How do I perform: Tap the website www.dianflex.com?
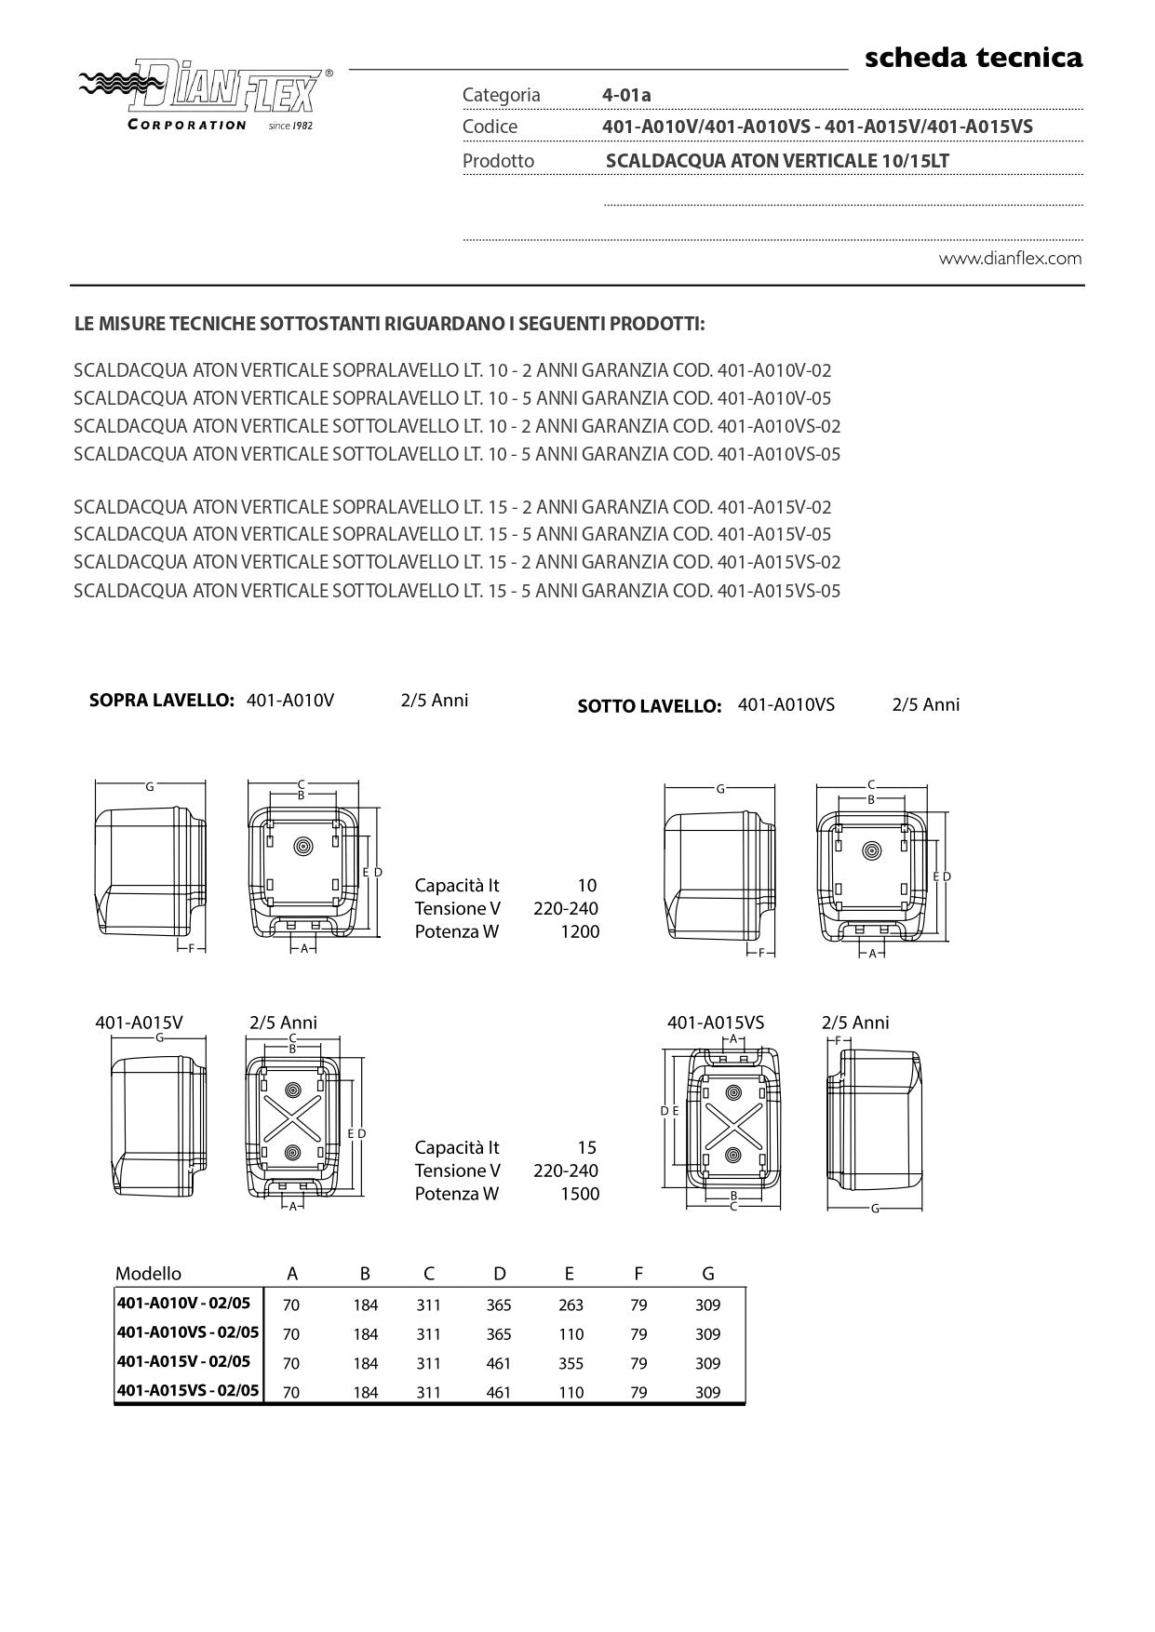[x=1010, y=259]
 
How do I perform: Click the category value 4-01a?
[x=626, y=95]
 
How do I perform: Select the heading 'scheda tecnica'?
[x=974, y=58]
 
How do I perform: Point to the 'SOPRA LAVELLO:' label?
[x=161, y=701]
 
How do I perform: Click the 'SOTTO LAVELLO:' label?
[x=649, y=706]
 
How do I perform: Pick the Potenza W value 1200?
[x=579, y=931]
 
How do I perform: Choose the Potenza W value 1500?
[x=579, y=1194]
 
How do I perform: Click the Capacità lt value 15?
[x=586, y=1147]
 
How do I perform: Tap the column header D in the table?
[x=500, y=1274]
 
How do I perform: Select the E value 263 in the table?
[x=571, y=1305]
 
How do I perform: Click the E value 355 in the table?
[x=571, y=1363]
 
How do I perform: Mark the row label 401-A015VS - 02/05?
[x=188, y=1391]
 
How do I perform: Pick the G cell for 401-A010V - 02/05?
[x=707, y=1305]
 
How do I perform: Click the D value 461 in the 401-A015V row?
[x=499, y=1363]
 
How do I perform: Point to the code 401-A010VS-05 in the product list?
[x=779, y=454]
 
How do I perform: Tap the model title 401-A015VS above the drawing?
[x=715, y=1023]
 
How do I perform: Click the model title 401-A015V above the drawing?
[x=139, y=1023]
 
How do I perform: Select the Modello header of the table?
[x=148, y=1274]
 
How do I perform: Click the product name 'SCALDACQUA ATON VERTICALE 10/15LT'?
[x=777, y=161]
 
